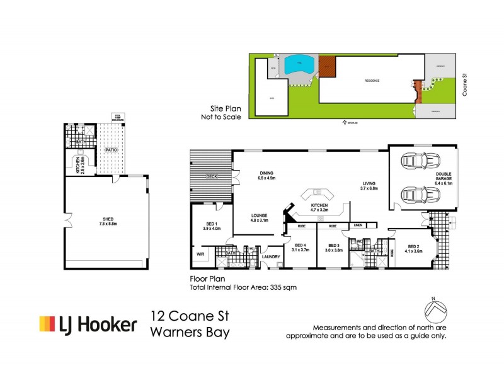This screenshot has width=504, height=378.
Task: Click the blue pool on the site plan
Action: click(x=297, y=64)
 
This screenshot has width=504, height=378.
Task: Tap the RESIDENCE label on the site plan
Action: click(x=372, y=81)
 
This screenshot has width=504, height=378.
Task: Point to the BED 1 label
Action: click(x=212, y=226)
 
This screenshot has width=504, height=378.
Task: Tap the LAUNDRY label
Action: click(x=271, y=256)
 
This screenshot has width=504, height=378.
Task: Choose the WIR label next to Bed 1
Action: click(x=200, y=255)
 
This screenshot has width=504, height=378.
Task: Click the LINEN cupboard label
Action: click(x=358, y=225)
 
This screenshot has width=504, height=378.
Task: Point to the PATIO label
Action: click(x=112, y=151)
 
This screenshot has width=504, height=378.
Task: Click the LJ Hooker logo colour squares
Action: click(x=47, y=324)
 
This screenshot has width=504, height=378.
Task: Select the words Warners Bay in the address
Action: click(x=189, y=332)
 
